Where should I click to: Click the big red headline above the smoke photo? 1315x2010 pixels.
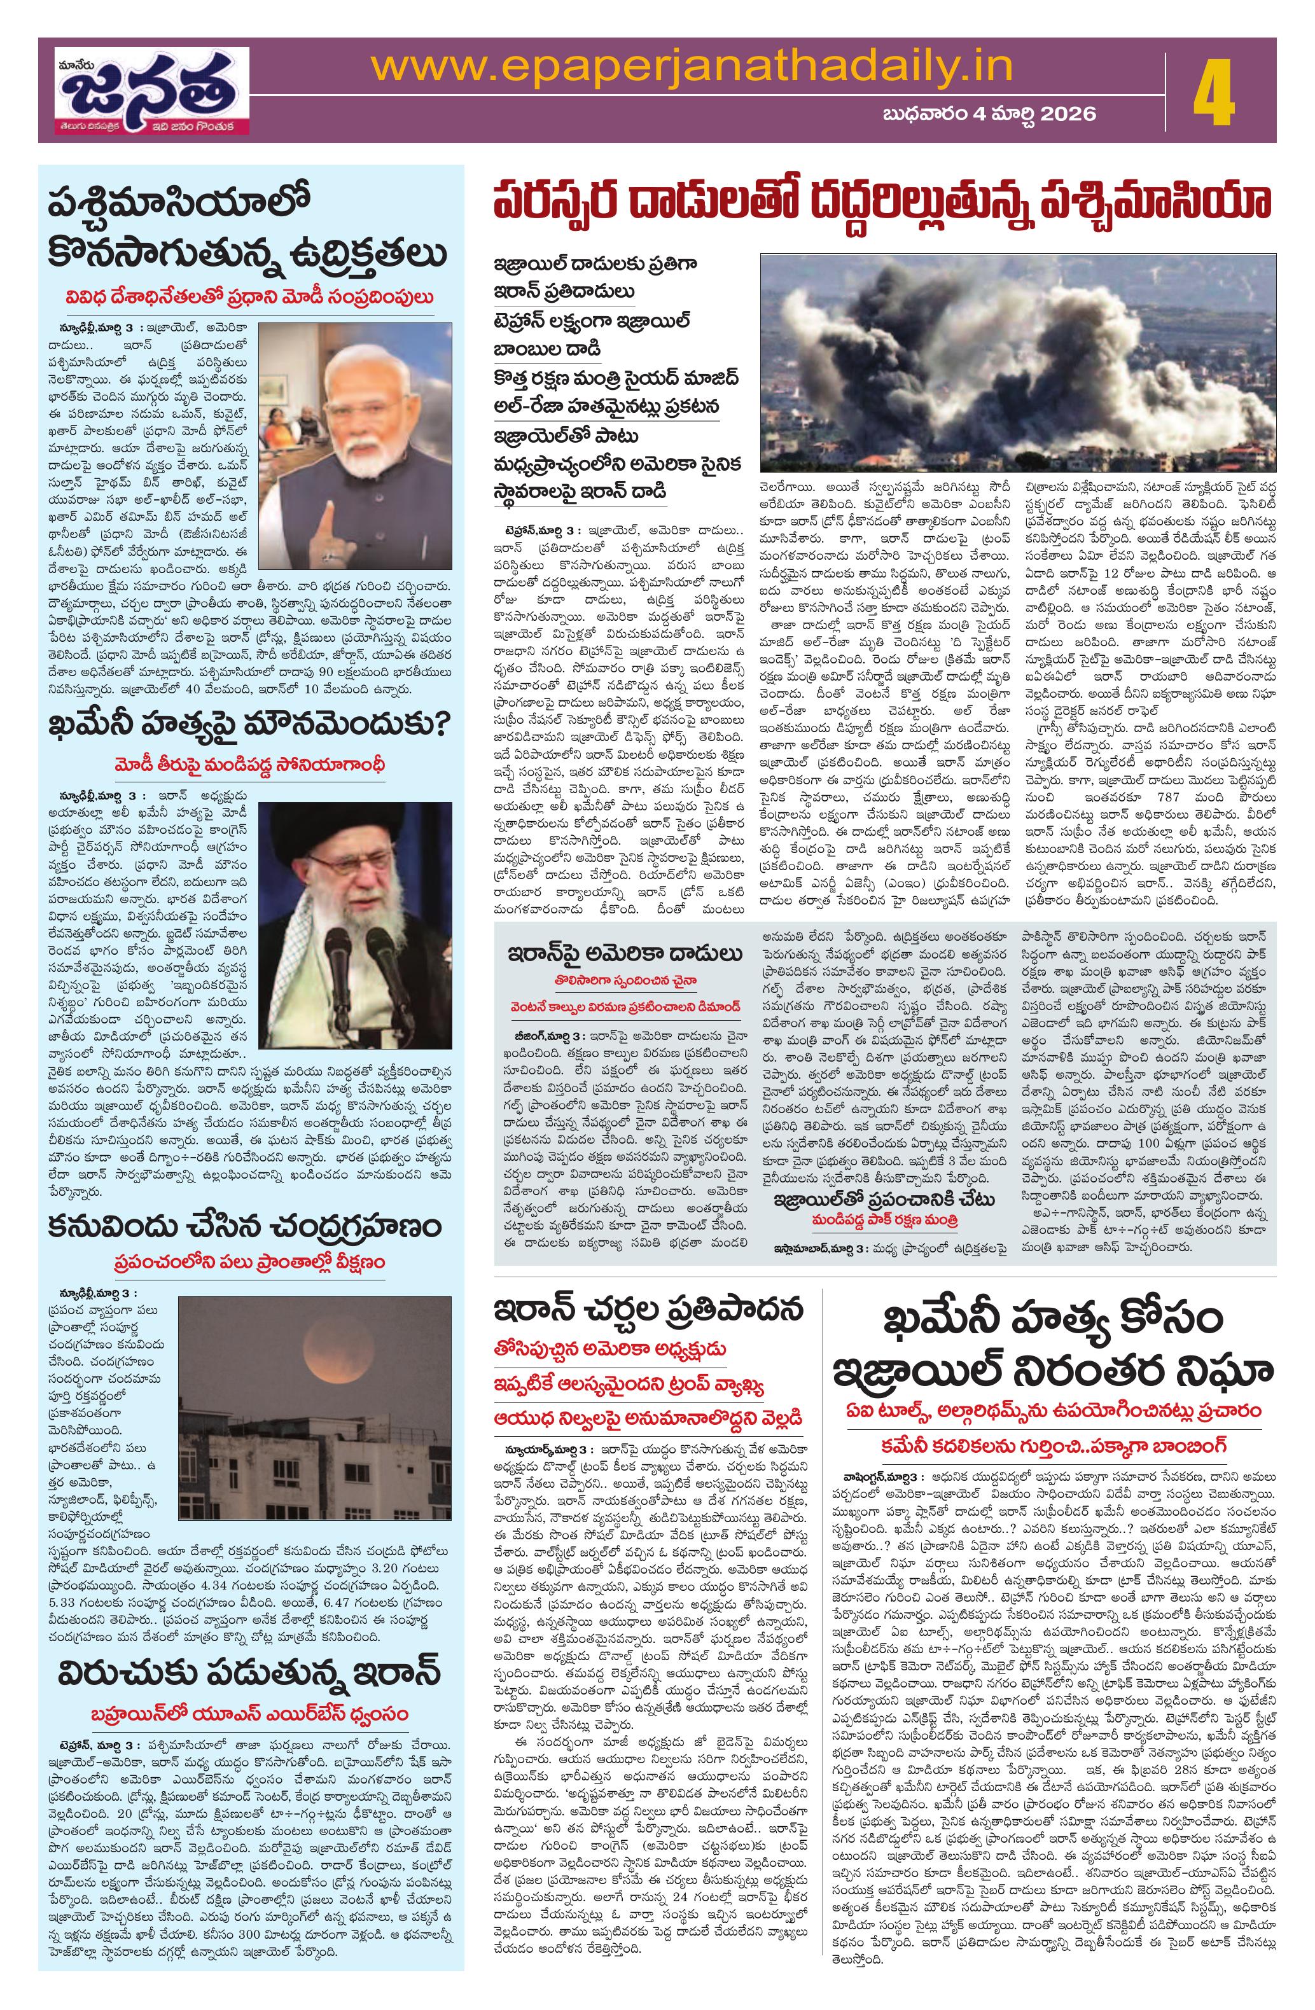coord(882,204)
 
